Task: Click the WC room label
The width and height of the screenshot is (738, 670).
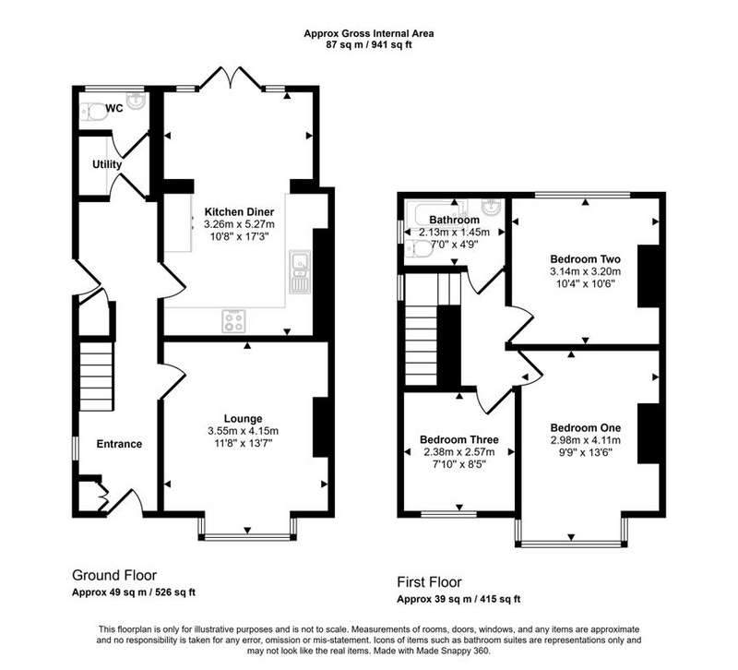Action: (x=114, y=108)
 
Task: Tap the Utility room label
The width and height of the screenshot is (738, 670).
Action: (x=107, y=164)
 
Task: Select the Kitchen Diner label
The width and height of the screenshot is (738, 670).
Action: (x=239, y=212)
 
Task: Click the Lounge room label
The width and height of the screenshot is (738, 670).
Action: (x=243, y=419)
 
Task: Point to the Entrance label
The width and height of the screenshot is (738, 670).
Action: (x=119, y=444)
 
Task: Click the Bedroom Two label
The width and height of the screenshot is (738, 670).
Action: (x=585, y=259)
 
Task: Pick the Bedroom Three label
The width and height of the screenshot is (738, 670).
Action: (x=458, y=440)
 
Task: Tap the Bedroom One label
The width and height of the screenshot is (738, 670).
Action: (x=585, y=428)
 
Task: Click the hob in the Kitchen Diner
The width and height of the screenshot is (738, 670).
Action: (x=233, y=321)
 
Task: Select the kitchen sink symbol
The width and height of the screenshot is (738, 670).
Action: (x=300, y=271)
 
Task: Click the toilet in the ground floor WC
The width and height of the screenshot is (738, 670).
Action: (x=94, y=113)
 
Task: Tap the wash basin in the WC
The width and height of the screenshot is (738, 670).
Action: (x=137, y=100)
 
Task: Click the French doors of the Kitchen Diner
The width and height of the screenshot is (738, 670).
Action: (x=231, y=78)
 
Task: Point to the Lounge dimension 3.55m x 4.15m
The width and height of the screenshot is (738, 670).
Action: (x=243, y=431)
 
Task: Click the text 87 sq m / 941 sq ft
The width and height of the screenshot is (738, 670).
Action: (x=368, y=45)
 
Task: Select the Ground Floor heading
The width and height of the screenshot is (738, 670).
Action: (x=114, y=575)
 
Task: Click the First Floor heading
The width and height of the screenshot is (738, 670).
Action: (x=429, y=582)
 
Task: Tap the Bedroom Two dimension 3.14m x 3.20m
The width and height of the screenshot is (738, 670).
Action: (x=585, y=271)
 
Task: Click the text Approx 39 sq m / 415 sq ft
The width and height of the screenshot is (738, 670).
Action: (x=458, y=599)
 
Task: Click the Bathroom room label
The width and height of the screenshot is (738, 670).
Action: (x=454, y=220)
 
